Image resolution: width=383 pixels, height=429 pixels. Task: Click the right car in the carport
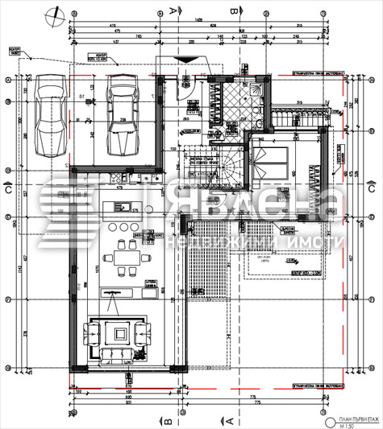tap(123, 114)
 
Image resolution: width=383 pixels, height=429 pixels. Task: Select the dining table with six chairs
tap(124, 255)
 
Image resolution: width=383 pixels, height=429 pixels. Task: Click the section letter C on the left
tap(6, 191)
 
